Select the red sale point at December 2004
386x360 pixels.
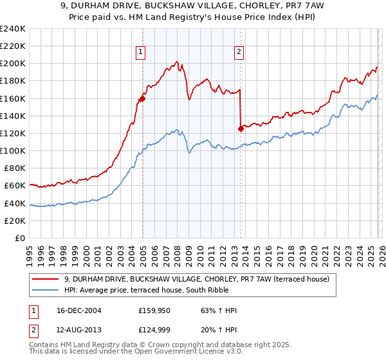(142, 98)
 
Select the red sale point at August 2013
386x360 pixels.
(241, 129)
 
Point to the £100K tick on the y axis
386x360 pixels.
(13, 150)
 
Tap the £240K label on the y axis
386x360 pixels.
(13, 29)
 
